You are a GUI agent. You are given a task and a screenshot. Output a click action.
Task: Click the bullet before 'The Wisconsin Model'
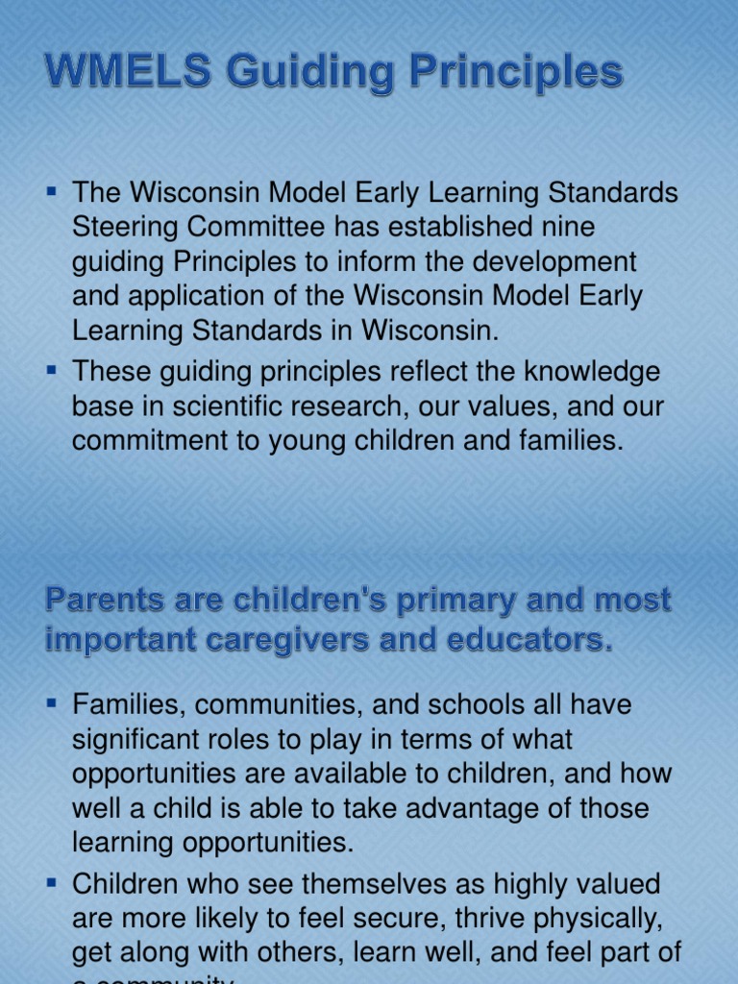[x=53, y=191]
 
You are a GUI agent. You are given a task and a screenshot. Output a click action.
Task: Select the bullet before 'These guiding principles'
[x=53, y=371]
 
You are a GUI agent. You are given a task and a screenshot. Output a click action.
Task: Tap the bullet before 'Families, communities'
[x=53, y=703]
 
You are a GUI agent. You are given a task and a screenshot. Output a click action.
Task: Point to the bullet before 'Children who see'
[x=53, y=883]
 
